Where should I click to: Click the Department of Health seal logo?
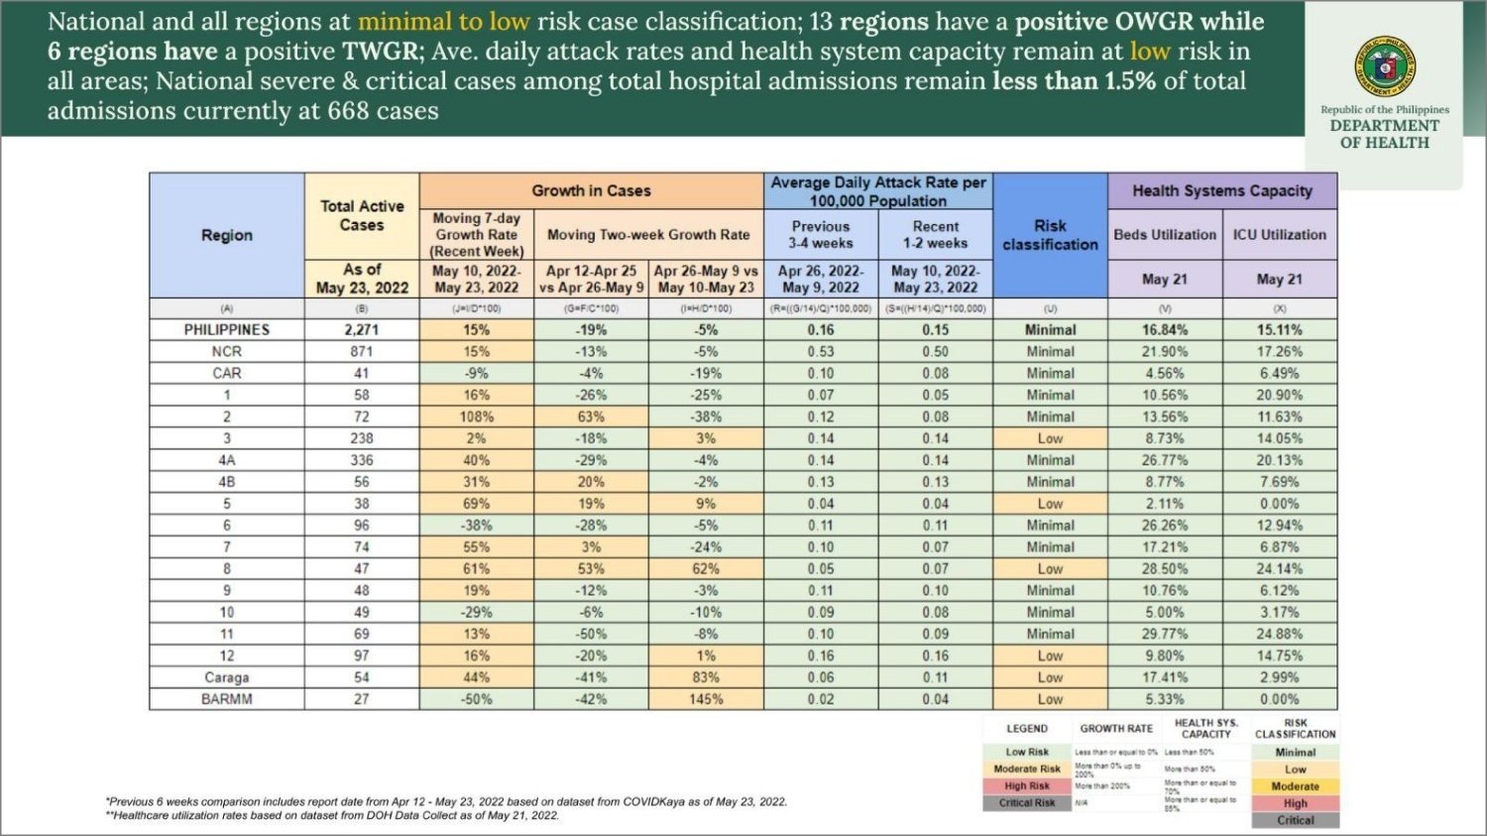(1385, 67)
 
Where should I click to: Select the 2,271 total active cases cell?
(362, 329)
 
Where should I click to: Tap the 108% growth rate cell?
(477, 417)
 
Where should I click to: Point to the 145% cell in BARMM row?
(706, 699)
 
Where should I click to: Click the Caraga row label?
(227, 677)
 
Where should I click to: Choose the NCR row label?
(227, 351)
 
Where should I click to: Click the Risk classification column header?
(1050, 235)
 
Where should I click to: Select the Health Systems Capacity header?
(1222, 190)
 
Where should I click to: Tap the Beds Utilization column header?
(1165, 235)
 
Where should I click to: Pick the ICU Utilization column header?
(1279, 235)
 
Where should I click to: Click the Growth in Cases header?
(591, 190)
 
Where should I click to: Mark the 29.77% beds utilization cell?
(1165, 634)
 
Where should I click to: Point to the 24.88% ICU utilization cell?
(1279, 634)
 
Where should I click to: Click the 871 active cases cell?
(362, 351)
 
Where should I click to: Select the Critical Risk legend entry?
(1027, 803)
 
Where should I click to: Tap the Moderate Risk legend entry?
(1027, 769)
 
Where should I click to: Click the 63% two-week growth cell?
(591, 417)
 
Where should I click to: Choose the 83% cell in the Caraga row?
(706, 677)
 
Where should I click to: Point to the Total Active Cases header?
(362, 215)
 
